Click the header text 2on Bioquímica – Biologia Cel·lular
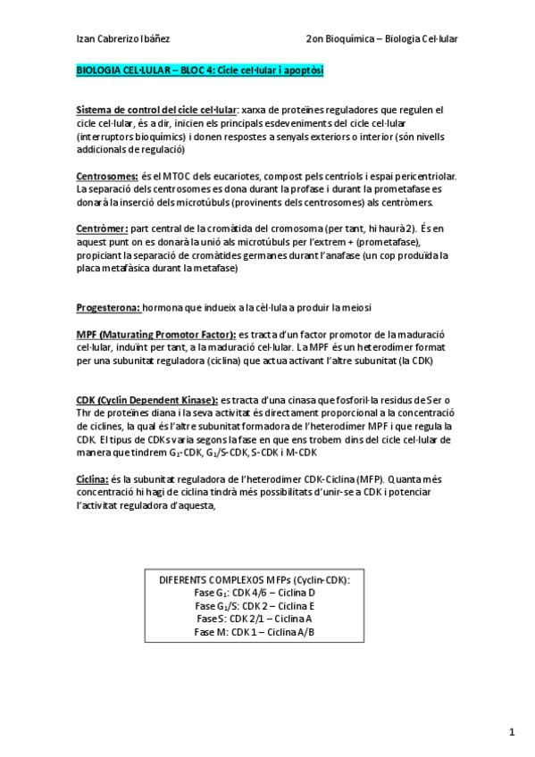pyautogui.click(x=380, y=38)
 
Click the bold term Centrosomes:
pyautogui.click(x=107, y=177)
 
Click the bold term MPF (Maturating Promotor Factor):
pyautogui.click(x=155, y=333)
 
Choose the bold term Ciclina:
pyautogui.click(x=94, y=478)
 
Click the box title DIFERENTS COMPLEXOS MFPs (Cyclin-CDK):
pyautogui.click(x=255, y=579)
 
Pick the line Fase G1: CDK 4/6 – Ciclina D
pyautogui.click(x=255, y=592)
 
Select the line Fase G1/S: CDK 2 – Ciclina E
pyautogui.click(x=255, y=605)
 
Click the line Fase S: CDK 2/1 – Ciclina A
pyautogui.click(x=255, y=619)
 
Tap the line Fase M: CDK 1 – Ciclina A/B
pyautogui.click(x=255, y=632)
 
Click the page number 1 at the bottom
pyautogui.click(x=513, y=732)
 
